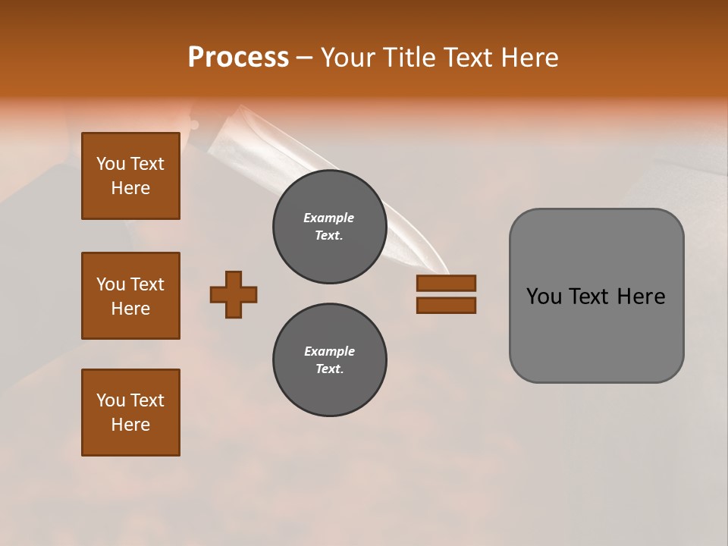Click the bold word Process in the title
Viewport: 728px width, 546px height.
point(238,58)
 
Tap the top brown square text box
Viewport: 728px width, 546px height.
point(130,176)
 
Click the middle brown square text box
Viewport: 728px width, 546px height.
point(130,296)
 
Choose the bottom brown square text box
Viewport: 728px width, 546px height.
point(130,413)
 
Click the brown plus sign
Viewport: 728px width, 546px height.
point(234,294)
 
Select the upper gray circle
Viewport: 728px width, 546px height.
point(329,227)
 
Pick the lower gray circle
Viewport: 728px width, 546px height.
point(329,360)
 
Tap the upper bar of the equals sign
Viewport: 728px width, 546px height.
point(446,284)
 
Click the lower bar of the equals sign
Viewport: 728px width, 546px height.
point(446,305)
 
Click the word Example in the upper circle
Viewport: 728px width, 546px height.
point(329,218)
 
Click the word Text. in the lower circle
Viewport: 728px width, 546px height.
point(329,369)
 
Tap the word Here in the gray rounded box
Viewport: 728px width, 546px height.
point(641,297)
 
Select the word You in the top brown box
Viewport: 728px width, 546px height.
point(110,164)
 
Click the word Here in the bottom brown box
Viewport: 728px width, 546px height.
point(130,425)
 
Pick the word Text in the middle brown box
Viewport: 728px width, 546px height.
point(146,284)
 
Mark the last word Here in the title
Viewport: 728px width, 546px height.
point(531,58)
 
